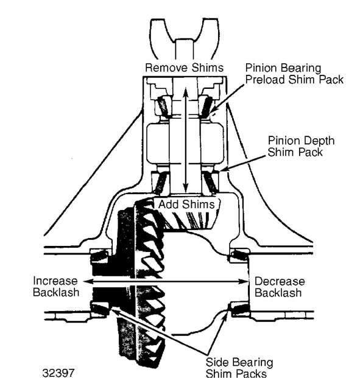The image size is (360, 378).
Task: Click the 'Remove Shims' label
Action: (185, 68)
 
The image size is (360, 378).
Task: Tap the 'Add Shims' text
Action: (186, 205)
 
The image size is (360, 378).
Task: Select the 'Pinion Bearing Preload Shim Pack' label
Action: (294, 74)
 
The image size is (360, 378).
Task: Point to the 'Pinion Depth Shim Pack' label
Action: (301, 146)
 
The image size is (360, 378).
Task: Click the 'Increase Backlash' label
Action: (56, 287)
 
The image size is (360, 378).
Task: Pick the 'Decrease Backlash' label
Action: (280, 287)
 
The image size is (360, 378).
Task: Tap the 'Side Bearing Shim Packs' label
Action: (239, 368)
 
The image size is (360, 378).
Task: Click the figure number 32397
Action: (58, 373)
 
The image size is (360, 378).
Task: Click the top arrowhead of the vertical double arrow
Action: (186, 92)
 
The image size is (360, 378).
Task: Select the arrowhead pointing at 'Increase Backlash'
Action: (87, 281)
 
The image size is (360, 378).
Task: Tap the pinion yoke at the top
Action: (185, 38)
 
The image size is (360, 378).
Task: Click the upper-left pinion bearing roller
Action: (163, 107)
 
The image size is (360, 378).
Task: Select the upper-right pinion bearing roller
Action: (206, 107)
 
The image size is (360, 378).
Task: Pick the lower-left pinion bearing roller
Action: (161, 183)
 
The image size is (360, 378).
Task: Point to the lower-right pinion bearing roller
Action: (210, 183)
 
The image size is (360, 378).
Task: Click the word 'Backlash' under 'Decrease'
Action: (278, 293)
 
